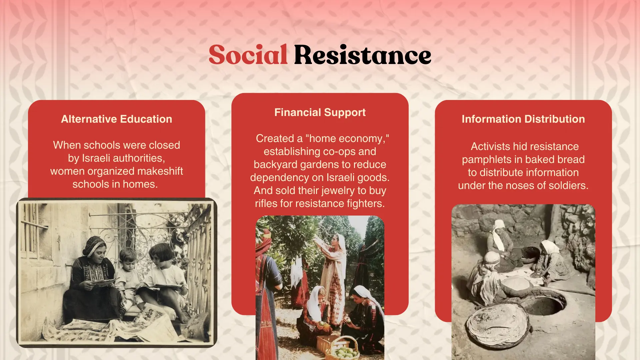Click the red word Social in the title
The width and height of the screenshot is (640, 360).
click(x=248, y=55)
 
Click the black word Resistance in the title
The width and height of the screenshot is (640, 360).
click(x=363, y=55)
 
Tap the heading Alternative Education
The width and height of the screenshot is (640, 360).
click(x=117, y=119)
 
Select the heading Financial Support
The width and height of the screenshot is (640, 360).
click(x=320, y=113)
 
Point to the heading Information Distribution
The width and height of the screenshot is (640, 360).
click(x=523, y=119)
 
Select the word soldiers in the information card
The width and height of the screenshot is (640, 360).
click(x=571, y=185)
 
